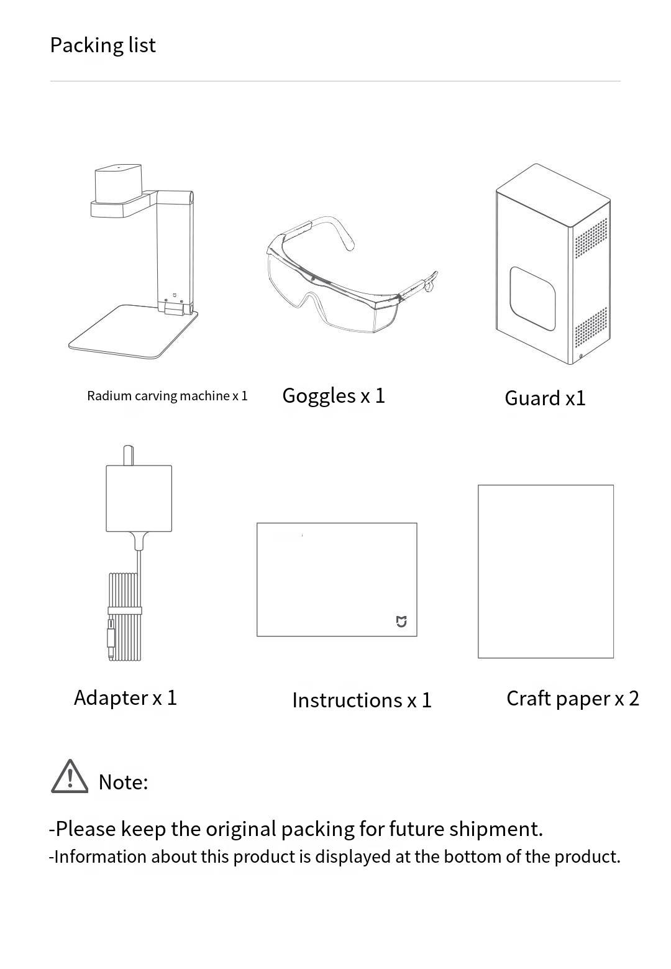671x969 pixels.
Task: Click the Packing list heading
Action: click(103, 45)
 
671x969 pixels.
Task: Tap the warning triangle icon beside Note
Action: click(69, 777)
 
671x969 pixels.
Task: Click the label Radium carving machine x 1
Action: click(167, 396)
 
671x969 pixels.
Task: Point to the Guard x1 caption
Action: click(545, 398)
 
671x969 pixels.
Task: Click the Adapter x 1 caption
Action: click(126, 697)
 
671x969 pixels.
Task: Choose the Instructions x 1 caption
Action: click(362, 700)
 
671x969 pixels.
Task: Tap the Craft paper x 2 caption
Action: click(572, 699)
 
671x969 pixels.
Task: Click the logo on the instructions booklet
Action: click(401, 621)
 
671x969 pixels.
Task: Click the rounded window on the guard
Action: click(532, 298)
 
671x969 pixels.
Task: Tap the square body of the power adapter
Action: click(139, 498)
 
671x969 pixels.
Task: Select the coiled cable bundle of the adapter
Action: click(125, 617)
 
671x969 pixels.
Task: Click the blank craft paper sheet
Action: click(545, 571)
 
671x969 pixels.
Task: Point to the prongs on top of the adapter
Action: click(129, 455)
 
